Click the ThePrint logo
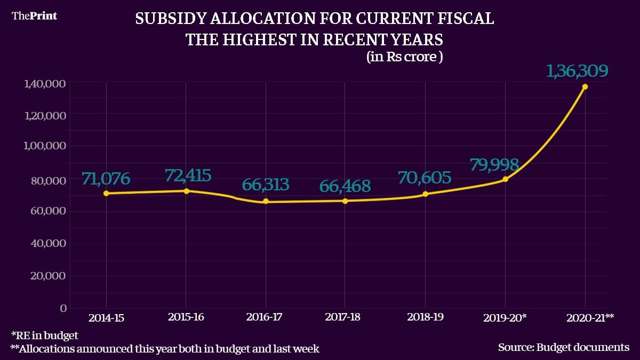tap(34, 15)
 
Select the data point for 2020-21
tap(585, 86)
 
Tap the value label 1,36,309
tap(577, 71)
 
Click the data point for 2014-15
tap(106, 193)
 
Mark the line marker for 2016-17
tap(266, 202)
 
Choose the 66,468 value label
tap(345, 187)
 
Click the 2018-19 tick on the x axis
tap(425, 317)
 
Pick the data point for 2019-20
tap(505, 179)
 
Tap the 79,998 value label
tap(494, 164)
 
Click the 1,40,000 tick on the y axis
tap(44, 84)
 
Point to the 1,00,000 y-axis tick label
tap(44, 146)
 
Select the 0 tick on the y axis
tap(63, 308)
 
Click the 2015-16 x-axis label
tap(186, 317)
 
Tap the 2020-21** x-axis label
tap(589, 317)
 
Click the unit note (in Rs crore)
tap(404, 57)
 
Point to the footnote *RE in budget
tap(44, 335)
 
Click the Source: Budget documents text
tap(564, 347)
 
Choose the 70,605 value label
tap(425, 178)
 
